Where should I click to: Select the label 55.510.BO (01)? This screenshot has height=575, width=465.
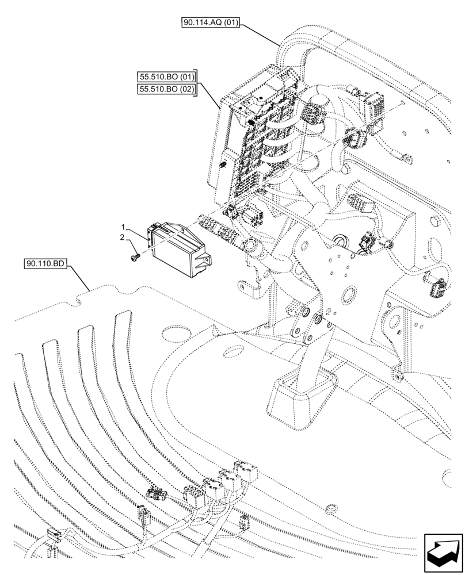tap(167, 76)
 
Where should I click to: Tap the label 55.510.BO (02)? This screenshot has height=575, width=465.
tap(167, 89)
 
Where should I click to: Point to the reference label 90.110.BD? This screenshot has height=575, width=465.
tap(47, 264)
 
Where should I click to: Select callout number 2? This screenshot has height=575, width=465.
tap(122, 237)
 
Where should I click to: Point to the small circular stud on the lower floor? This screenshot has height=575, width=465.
tap(330, 508)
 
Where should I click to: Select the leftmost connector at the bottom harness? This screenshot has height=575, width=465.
tap(55, 536)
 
